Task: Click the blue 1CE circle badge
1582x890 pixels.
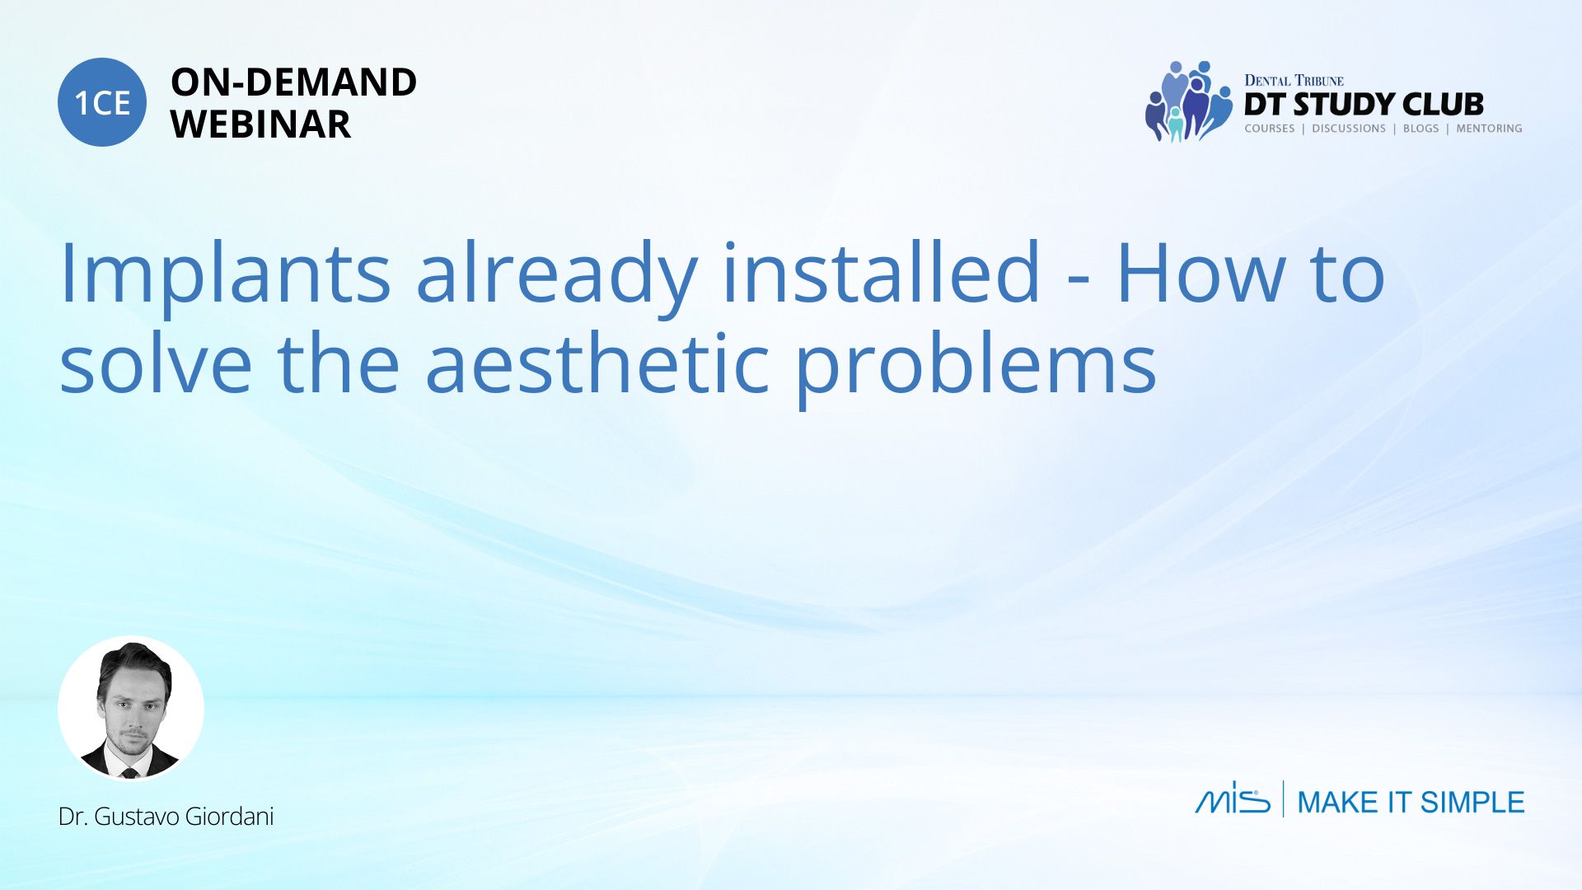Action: coord(102,102)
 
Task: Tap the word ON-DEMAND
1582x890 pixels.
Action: coord(293,82)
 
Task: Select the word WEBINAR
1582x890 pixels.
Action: coord(260,124)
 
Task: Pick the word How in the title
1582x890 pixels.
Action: coord(1200,272)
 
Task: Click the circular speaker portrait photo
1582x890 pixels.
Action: coord(131,708)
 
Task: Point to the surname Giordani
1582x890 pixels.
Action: coord(229,817)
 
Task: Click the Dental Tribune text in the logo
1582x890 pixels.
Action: coord(1294,80)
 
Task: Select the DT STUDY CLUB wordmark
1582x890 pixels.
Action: coord(1364,105)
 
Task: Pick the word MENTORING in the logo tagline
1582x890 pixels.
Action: coord(1489,129)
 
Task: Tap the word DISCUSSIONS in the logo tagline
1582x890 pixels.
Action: coord(1349,129)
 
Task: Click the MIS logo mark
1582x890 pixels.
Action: coord(1233,798)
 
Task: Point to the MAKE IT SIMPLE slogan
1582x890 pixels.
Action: coord(1411,802)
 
